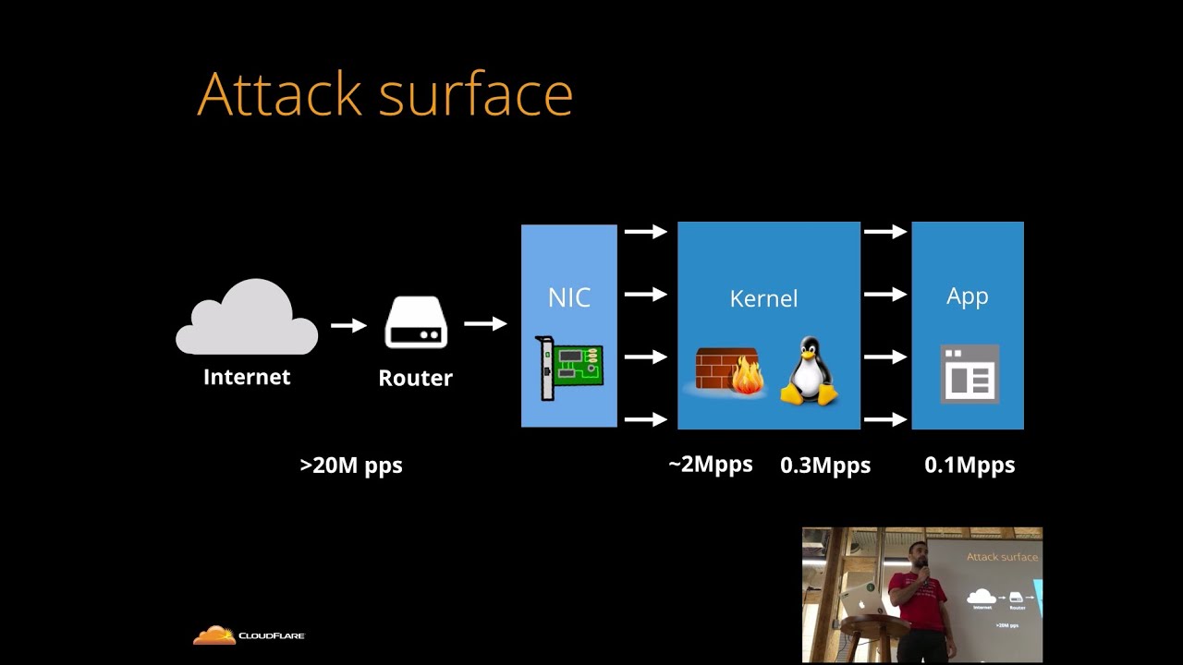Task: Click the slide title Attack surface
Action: click(x=384, y=94)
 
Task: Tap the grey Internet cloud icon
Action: click(x=247, y=319)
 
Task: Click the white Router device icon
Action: click(x=416, y=322)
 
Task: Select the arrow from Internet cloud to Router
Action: click(x=348, y=325)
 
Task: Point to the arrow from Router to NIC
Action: click(x=485, y=323)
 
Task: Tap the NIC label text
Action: click(x=569, y=297)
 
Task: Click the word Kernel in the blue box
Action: click(x=763, y=298)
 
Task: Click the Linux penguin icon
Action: click(x=809, y=371)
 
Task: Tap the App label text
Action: click(x=968, y=296)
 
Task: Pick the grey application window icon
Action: click(x=970, y=374)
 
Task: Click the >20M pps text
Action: click(x=351, y=465)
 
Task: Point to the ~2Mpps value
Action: click(x=710, y=465)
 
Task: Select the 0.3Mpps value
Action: click(x=825, y=465)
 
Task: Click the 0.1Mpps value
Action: click(x=970, y=465)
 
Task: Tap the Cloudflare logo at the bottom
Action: click(x=248, y=635)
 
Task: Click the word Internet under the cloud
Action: click(x=247, y=377)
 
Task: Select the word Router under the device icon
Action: click(x=416, y=378)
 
